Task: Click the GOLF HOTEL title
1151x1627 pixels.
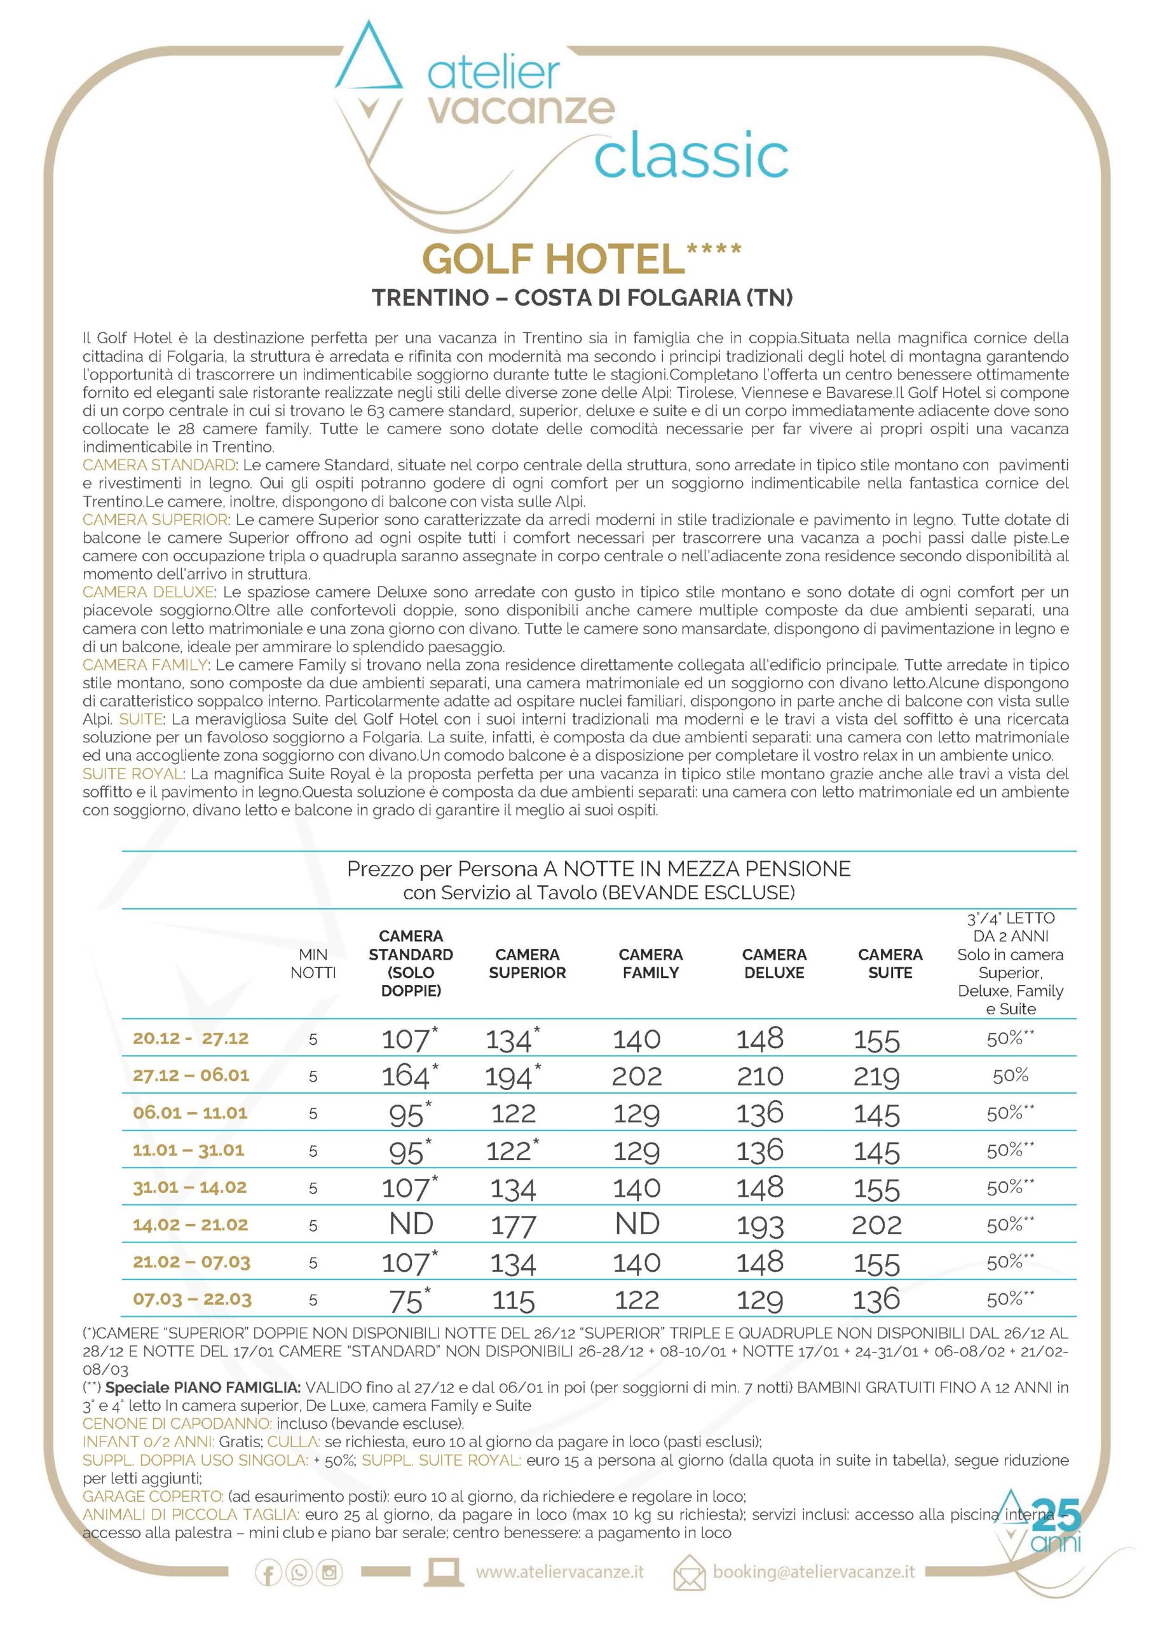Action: tap(553, 259)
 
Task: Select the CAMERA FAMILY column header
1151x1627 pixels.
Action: tap(650, 963)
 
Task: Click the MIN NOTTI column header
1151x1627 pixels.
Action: tap(313, 963)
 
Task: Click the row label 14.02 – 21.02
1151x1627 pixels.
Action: tap(191, 1225)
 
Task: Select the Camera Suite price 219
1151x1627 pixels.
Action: tap(876, 1077)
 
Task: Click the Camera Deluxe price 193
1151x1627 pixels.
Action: tap(759, 1225)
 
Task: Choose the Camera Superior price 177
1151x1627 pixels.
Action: tap(513, 1225)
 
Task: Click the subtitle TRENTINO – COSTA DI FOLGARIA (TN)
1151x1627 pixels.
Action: tap(582, 297)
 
